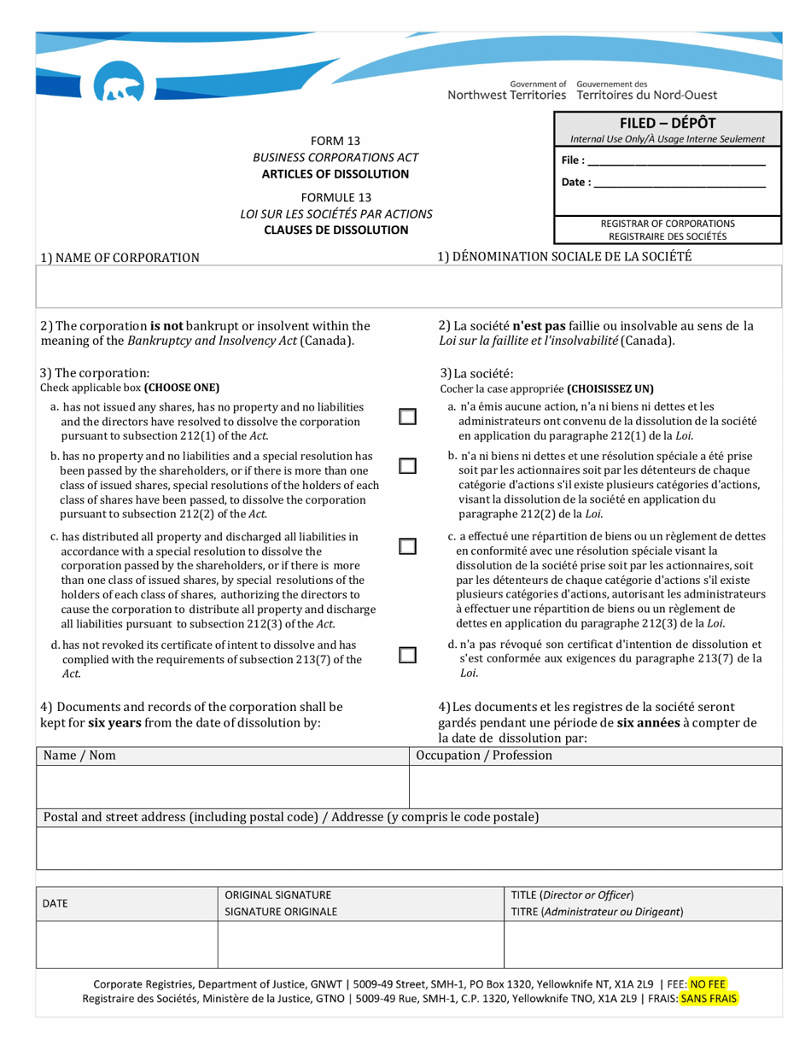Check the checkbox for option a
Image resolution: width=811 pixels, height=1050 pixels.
coord(408,417)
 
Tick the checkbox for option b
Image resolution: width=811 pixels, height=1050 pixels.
coord(408,466)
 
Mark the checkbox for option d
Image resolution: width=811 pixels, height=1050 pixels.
coord(408,656)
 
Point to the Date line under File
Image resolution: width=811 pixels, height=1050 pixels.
coord(679,183)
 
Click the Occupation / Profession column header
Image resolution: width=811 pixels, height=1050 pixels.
coord(484,755)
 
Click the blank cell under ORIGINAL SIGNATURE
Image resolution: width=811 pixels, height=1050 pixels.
coord(362,946)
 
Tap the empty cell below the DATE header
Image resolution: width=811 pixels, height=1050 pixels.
coord(127,946)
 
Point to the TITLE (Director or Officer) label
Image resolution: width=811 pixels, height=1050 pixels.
coord(572,895)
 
